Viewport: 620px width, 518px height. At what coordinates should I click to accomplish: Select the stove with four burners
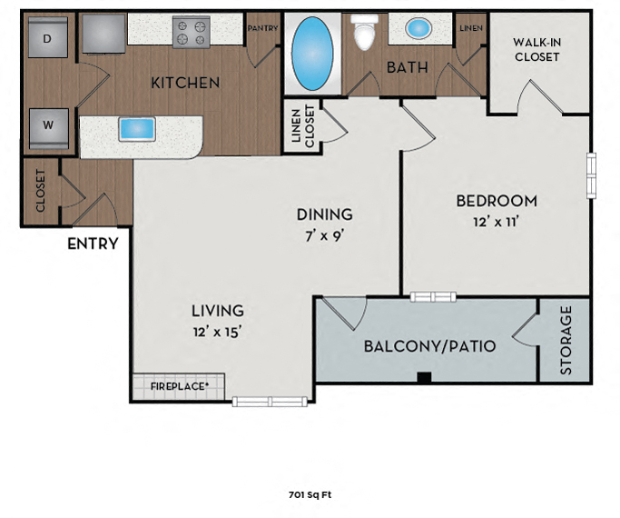[x=192, y=33]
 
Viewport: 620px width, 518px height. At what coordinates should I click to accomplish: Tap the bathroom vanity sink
[x=418, y=29]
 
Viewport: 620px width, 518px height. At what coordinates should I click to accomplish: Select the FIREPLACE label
[x=178, y=387]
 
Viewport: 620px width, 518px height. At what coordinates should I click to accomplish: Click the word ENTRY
[x=93, y=243]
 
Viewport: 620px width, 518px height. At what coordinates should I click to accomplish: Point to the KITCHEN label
[x=185, y=83]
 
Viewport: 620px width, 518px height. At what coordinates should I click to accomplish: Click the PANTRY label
[x=262, y=28]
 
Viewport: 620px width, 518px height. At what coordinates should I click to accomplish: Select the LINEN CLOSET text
[x=302, y=126]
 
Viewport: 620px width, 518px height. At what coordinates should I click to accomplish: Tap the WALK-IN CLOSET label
[x=536, y=49]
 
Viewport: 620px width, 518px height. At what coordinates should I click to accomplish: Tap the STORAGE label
[x=566, y=340]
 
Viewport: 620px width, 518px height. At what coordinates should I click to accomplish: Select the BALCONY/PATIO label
[x=429, y=346]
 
